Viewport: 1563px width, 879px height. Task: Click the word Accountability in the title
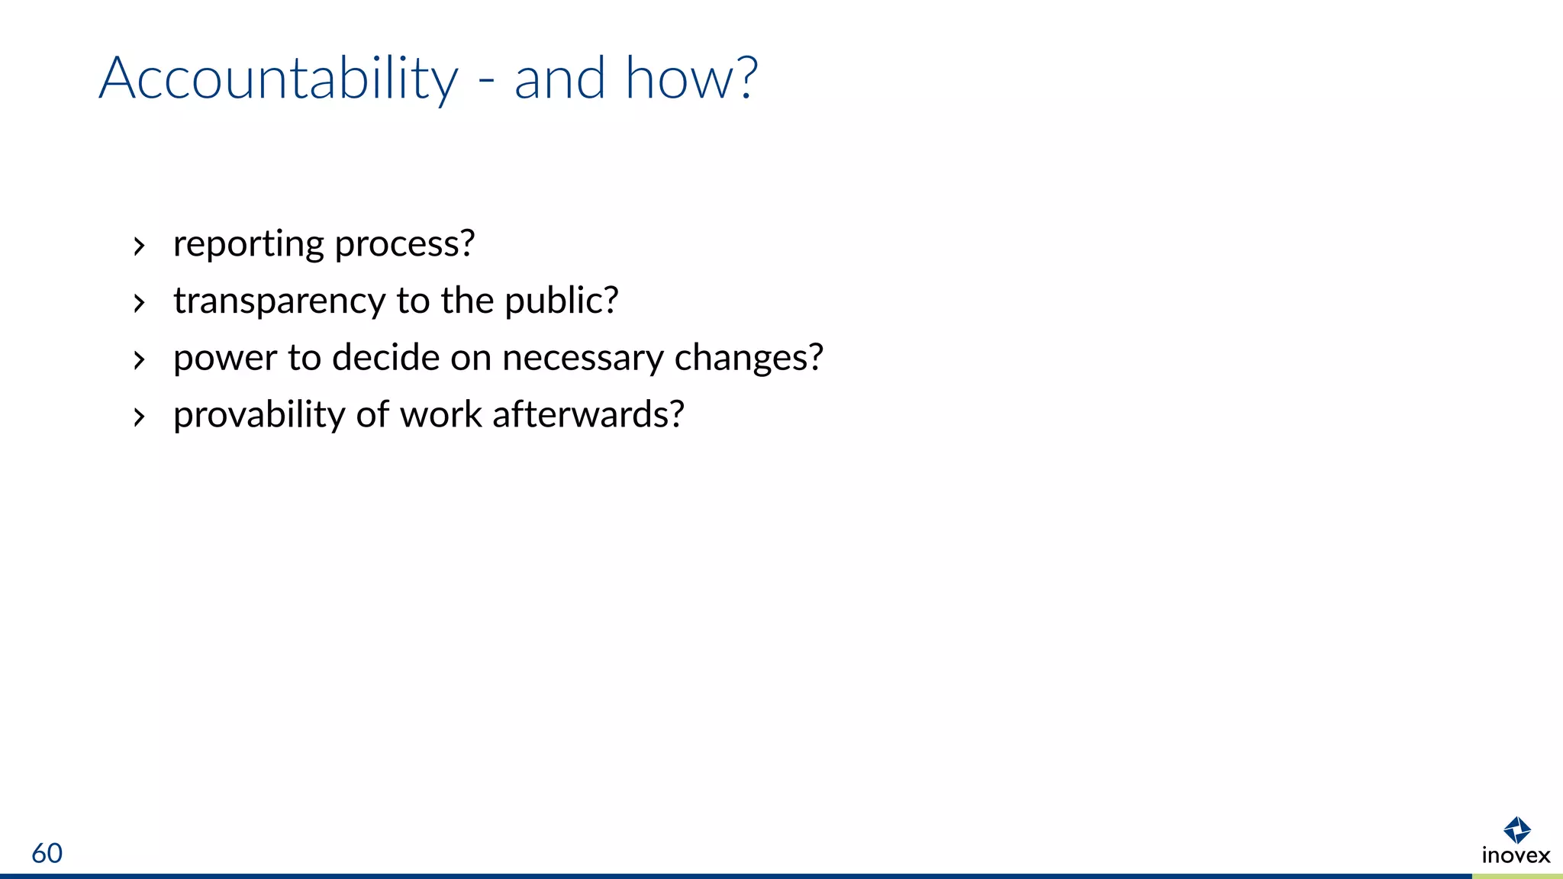point(279,79)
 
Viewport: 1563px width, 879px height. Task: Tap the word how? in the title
point(691,78)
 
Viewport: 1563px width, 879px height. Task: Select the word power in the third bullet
point(225,359)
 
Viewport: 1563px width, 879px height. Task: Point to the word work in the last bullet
point(441,415)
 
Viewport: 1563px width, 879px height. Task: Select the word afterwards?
point(588,415)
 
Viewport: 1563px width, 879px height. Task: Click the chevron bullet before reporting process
point(139,246)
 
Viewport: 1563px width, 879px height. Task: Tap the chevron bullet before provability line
point(139,417)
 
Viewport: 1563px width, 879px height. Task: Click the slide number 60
point(47,853)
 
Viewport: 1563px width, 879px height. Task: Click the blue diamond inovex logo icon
point(1516,830)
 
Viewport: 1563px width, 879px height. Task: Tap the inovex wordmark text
point(1516,855)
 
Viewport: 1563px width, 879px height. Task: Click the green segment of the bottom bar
point(1517,876)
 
